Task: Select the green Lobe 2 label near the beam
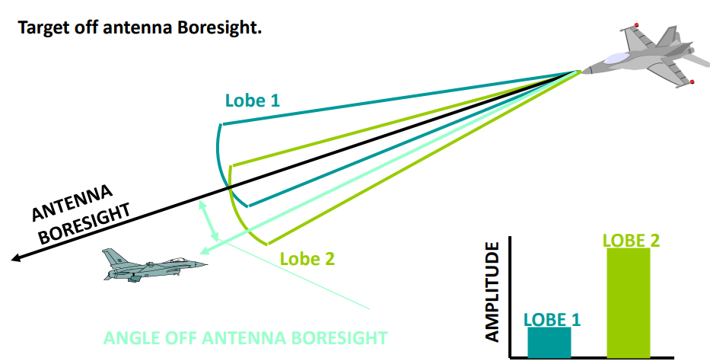pyautogui.click(x=307, y=258)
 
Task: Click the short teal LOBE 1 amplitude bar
pyautogui.click(x=549, y=342)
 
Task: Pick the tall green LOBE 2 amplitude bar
pyautogui.click(x=629, y=302)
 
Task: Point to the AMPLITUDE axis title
pyautogui.click(x=492, y=292)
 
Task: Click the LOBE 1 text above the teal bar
pyautogui.click(x=552, y=319)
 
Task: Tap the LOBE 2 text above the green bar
pyautogui.click(x=631, y=240)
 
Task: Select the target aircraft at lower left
pyautogui.click(x=152, y=266)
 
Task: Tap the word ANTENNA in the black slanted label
pyautogui.click(x=75, y=202)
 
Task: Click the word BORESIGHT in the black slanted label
pyautogui.click(x=85, y=223)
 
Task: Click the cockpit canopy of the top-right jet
pyautogui.click(x=616, y=57)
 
